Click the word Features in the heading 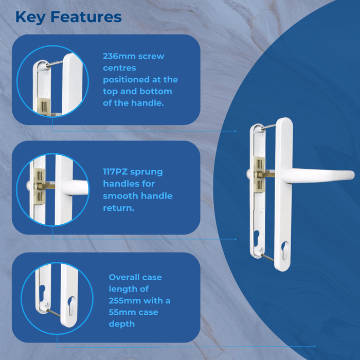coord(86,17)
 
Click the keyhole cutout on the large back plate coord(257,238)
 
